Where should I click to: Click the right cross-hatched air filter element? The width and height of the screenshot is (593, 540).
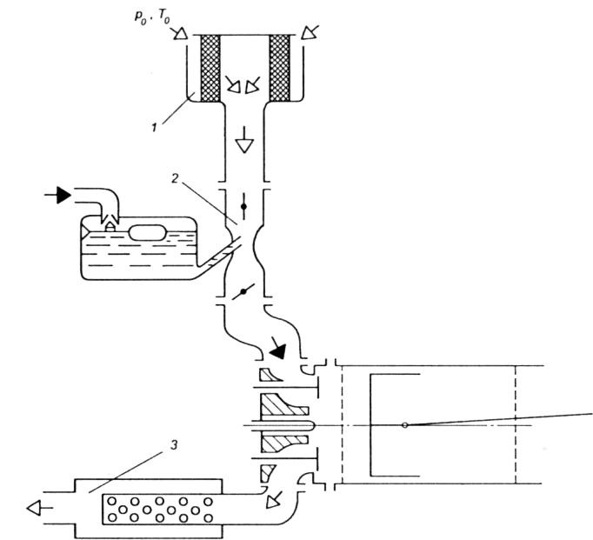[281, 67]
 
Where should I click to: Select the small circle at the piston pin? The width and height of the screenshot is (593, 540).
[404, 425]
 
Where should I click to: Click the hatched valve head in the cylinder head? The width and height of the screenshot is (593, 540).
[283, 425]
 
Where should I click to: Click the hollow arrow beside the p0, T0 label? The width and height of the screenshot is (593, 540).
[181, 34]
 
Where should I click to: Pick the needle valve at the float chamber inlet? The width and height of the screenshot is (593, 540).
[110, 224]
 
